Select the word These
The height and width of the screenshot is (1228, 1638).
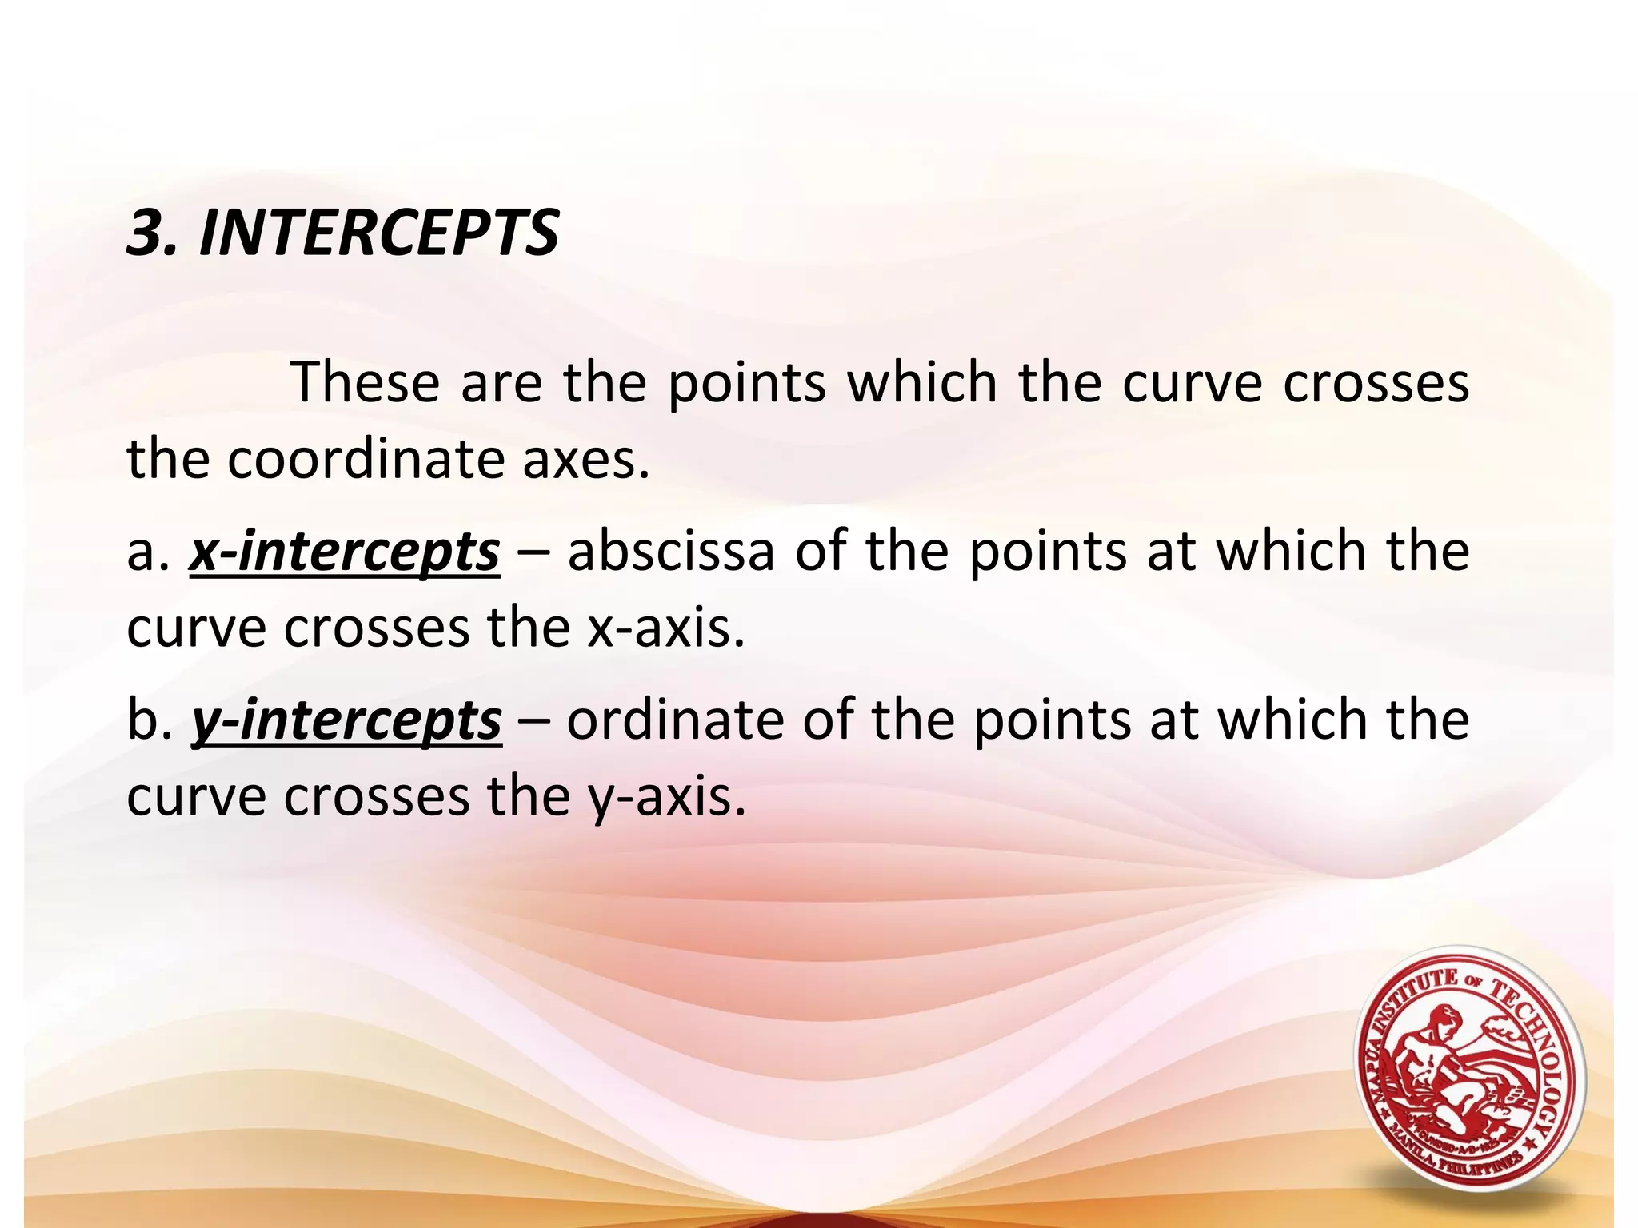(366, 382)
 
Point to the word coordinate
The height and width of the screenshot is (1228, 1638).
(366, 460)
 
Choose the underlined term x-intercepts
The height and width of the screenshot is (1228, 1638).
(345, 552)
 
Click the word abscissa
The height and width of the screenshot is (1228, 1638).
(671, 552)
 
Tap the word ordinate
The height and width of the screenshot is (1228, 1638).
(675, 720)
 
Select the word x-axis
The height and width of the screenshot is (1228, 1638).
(665, 628)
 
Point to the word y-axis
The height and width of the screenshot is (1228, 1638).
(666, 798)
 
